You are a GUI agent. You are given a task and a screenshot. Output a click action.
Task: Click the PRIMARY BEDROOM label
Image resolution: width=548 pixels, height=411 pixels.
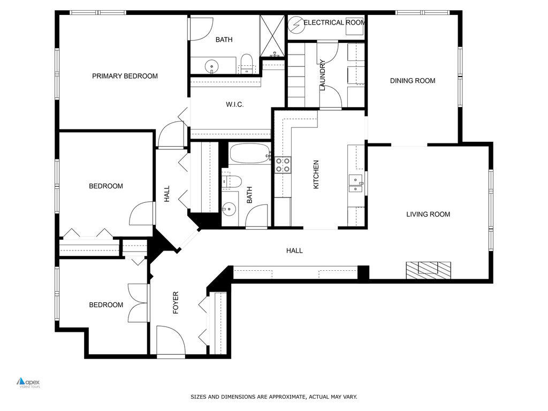tap(125, 76)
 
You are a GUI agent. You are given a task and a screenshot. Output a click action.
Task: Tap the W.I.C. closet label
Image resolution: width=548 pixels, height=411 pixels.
tap(234, 104)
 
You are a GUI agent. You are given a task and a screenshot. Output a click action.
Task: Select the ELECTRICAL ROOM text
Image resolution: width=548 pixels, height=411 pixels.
tap(334, 22)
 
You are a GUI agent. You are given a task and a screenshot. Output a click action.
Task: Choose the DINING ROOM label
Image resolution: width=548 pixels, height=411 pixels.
tap(412, 81)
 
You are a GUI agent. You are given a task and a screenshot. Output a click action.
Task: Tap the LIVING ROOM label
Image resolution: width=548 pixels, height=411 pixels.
tap(428, 214)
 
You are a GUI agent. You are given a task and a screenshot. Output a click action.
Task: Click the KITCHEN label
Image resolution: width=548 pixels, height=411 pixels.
tap(316, 174)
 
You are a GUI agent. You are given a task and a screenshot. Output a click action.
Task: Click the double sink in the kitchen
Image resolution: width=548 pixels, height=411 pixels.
tap(355, 183)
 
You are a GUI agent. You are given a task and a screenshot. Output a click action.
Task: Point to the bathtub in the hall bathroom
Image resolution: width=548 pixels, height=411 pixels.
tap(250, 154)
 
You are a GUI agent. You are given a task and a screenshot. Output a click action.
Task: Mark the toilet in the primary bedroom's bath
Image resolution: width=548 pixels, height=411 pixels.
tap(247, 63)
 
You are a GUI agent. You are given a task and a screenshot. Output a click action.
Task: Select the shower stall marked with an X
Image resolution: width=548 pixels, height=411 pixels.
tap(273, 35)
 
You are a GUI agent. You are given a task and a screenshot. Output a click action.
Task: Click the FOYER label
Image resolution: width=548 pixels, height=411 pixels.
tap(175, 302)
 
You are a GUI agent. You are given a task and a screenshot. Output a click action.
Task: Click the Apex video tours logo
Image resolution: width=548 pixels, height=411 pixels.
tap(28, 383)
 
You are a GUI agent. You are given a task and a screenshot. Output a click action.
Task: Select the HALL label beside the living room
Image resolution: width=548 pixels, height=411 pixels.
tap(294, 250)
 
